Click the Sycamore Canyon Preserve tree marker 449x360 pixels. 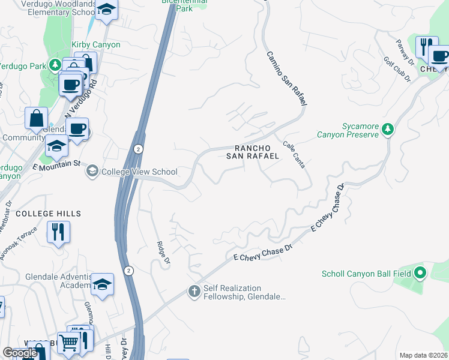tap(388, 129)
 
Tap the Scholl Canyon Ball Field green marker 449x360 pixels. tap(420, 274)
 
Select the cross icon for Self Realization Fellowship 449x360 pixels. tap(194, 292)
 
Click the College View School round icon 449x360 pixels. tap(92, 172)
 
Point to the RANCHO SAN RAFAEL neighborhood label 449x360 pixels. tap(252, 152)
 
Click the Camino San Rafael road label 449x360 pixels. tap(287, 79)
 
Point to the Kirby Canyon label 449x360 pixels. tap(96, 45)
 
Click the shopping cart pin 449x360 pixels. tap(69, 343)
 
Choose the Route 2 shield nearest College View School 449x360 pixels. tap(138, 148)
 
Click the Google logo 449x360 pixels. tap(20, 353)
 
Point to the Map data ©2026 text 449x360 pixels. tap(423, 355)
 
